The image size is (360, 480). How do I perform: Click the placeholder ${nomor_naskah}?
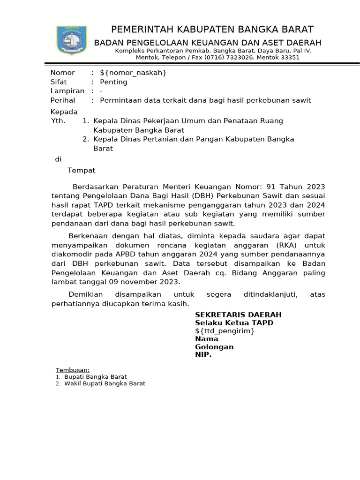[133, 73]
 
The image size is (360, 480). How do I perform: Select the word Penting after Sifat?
[113, 82]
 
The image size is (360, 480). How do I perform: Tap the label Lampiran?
[67, 91]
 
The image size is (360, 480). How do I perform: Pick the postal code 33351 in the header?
[289, 58]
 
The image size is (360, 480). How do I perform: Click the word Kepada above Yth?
[64, 112]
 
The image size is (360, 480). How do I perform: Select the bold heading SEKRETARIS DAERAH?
[238, 315]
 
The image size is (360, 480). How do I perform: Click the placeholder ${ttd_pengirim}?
[225, 331]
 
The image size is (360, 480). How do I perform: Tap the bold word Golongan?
[214, 347]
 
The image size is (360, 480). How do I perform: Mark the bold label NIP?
[203, 355]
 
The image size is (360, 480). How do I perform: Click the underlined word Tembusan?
[72, 370]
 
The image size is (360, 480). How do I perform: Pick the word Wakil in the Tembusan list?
[72, 383]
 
